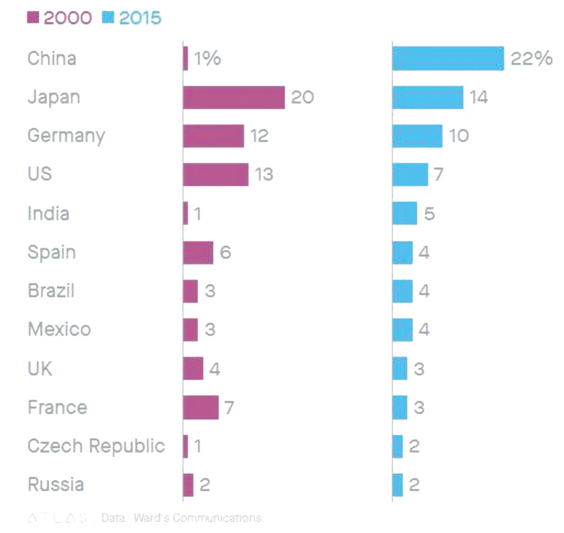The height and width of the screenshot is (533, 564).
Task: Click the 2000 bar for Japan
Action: click(234, 97)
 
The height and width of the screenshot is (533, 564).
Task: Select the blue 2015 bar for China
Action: click(448, 59)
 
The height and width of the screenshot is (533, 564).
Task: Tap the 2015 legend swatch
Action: click(108, 17)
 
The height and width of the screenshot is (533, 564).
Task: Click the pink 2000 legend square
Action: click(33, 17)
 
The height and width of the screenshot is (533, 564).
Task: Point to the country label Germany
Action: click(66, 136)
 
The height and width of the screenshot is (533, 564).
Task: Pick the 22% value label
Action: click(531, 59)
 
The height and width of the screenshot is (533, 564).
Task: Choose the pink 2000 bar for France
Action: click(201, 407)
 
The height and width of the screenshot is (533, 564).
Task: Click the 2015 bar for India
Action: click(405, 213)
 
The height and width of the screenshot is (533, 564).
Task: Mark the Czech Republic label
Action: click(96, 446)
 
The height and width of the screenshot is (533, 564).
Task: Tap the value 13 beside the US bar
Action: click(264, 174)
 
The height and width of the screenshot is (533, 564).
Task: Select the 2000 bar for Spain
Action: click(198, 252)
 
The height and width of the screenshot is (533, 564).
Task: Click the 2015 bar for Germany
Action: click(417, 136)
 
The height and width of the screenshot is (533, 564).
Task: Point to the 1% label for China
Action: click(207, 59)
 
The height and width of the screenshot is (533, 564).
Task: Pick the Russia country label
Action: click(56, 484)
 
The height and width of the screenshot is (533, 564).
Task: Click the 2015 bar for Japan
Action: click(428, 97)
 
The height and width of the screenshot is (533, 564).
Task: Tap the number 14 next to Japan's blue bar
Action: click(478, 97)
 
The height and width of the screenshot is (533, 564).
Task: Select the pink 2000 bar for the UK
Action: click(193, 369)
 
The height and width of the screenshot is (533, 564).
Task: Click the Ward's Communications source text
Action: click(197, 518)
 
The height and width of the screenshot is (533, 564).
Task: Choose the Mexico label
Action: click(59, 329)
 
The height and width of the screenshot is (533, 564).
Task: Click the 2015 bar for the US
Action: click(410, 174)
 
